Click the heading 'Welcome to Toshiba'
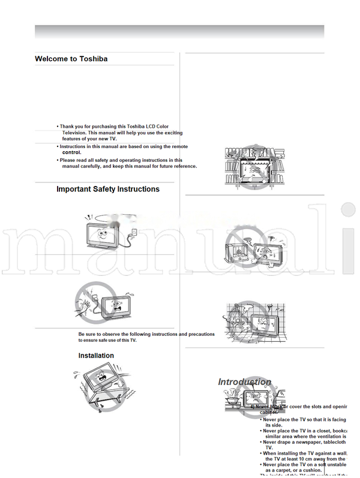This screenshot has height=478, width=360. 71,59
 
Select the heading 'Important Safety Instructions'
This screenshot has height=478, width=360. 108,189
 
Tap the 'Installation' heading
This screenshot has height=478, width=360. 96,356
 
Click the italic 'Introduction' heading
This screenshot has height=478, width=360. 244,382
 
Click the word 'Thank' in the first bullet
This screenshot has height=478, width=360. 67,127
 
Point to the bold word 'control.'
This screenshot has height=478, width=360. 71,152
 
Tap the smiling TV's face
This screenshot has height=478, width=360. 103,233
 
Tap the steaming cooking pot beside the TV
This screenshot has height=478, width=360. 230,399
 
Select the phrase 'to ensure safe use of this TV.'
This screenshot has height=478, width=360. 107,340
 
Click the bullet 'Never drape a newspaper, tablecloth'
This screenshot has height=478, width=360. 304,442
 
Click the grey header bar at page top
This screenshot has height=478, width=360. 179,32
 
